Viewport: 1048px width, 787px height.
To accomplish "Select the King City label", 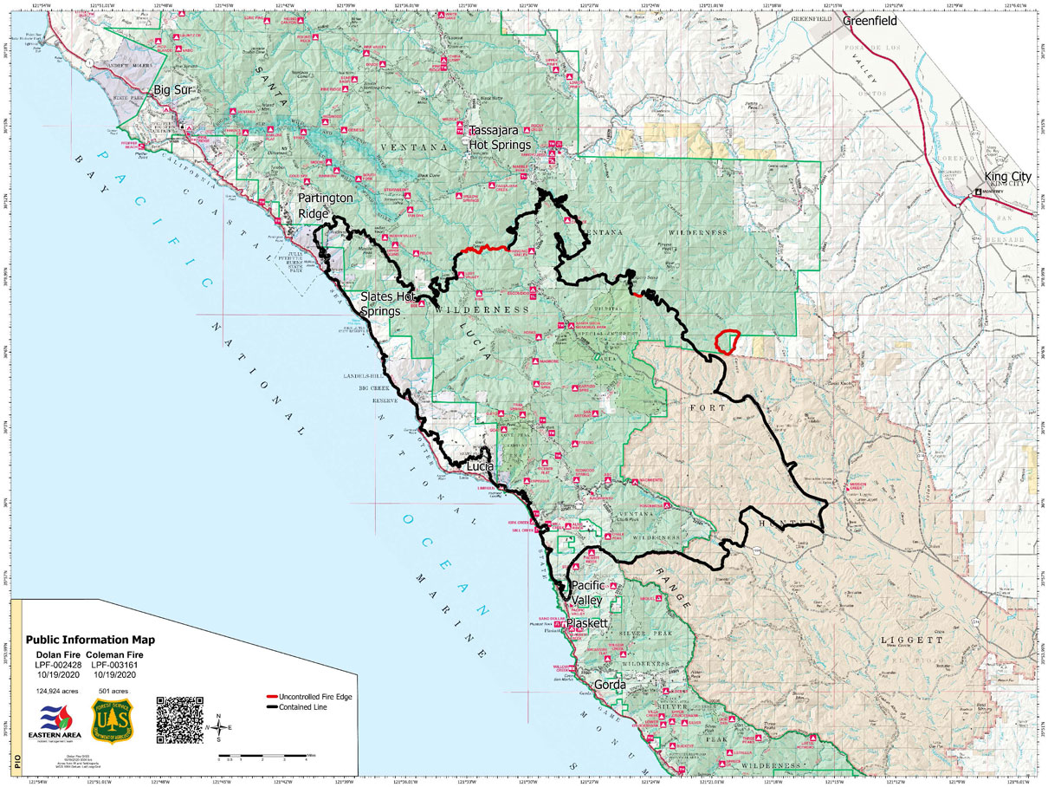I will pyautogui.click(x=1008, y=177).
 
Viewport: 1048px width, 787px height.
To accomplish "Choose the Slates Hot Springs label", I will pyautogui.click(x=392, y=304).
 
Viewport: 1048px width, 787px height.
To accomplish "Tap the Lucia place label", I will pyautogui.click(x=481, y=466).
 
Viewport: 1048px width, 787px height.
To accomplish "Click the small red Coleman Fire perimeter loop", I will pyautogui.click(x=727, y=341).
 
